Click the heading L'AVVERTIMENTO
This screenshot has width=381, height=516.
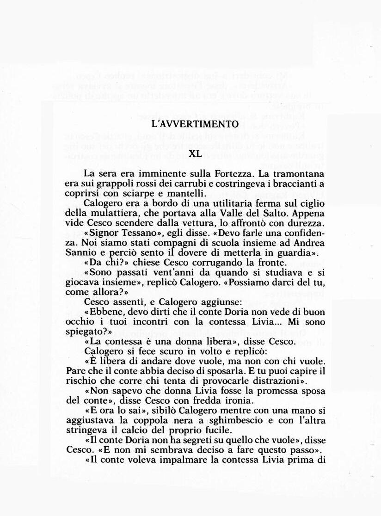coord(195,124)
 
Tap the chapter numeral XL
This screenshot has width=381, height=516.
coord(196,154)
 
